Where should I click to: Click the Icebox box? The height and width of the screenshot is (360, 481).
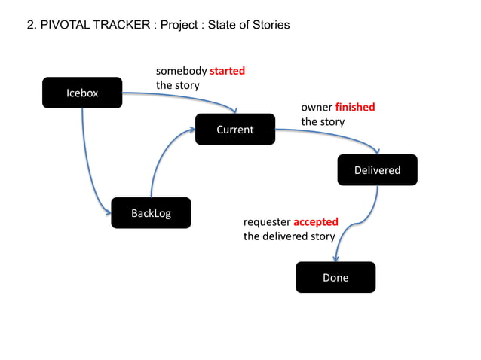coord(82,93)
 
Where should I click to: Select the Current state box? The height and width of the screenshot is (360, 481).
coord(234,129)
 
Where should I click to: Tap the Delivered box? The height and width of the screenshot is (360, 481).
coord(377,169)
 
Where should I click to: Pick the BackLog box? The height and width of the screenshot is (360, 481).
coord(151,213)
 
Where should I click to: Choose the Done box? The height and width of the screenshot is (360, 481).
coord(335,277)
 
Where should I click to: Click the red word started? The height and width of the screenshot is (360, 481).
coord(227,71)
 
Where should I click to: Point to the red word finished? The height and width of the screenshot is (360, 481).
coord(354,107)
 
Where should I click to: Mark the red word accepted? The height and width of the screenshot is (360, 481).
coord(315,222)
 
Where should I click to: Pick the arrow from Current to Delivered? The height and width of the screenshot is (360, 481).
coord(332,134)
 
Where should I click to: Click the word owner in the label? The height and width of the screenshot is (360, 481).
coord(317,107)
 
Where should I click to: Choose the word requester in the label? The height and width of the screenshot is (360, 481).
coord(267,222)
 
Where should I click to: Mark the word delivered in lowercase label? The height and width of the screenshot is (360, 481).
coord(286,236)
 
